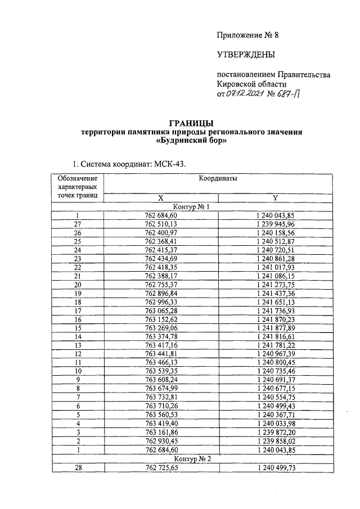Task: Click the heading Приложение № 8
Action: click(247, 35)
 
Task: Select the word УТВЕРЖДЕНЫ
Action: click(246, 55)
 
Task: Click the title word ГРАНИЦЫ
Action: click(191, 123)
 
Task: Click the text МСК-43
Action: click(168, 164)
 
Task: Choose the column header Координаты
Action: click(218, 178)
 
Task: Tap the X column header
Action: click(161, 198)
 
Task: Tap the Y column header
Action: click(274, 198)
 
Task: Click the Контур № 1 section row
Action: click(191, 206)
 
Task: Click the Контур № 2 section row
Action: click(191, 459)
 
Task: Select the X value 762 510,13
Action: click(161, 223)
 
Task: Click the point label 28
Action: click(78, 467)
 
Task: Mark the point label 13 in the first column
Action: click(78, 345)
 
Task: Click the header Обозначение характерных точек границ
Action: click(78, 187)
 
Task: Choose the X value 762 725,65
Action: click(161, 467)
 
